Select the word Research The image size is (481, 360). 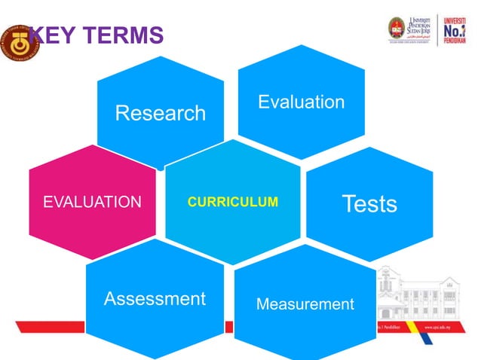160,113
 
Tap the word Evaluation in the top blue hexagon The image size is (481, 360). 301,102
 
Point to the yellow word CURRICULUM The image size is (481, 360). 232,202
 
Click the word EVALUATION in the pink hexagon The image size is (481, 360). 92,202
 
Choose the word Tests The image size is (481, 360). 369,203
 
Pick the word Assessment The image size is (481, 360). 155,299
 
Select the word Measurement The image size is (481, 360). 305,304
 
